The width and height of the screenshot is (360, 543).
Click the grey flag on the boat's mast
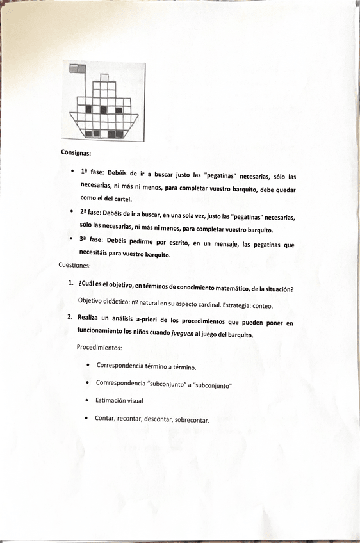point(77,67)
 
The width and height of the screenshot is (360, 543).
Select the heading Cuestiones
point(75,264)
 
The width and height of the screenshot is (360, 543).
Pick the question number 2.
point(70,316)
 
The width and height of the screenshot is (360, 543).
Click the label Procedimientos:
point(99,348)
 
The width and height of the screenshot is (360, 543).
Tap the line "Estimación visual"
point(119,400)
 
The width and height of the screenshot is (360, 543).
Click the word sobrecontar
point(192,420)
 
